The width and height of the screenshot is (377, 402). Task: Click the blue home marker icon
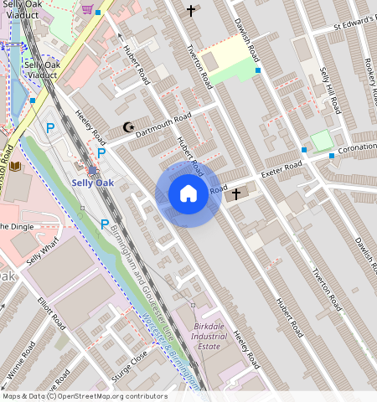tap(188, 194)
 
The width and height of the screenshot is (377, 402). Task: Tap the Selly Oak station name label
tap(92, 183)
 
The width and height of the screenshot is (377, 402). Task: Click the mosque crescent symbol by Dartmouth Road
tap(128, 127)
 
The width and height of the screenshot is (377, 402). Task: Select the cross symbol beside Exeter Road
tap(235, 194)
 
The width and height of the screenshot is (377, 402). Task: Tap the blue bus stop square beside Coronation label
tap(332, 156)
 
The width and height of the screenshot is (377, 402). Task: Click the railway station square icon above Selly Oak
tap(92, 170)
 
